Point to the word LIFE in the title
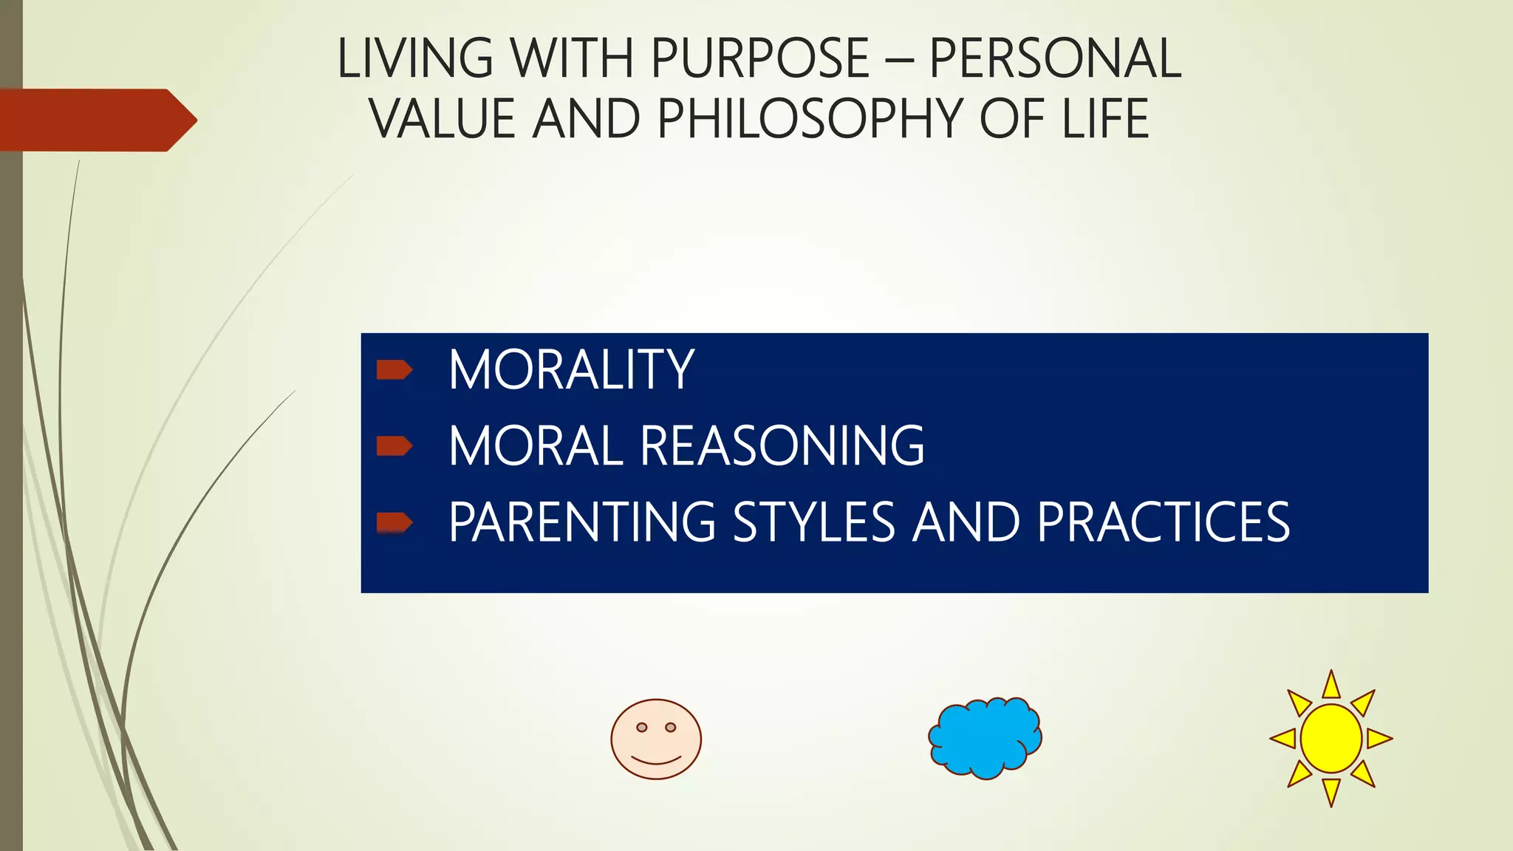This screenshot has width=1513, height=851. [x=1105, y=119]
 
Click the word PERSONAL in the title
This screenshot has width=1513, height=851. [x=1055, y=58]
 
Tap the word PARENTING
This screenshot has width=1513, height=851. [x=582, y=522]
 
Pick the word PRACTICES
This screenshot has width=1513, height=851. [x=1163, y=522]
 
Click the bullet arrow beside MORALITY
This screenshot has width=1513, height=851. [x=394, y=369]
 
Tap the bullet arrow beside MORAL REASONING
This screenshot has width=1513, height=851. [x=394, y=445]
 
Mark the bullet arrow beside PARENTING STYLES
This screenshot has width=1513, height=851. [x=394, y=522]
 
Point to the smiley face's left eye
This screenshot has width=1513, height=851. [x=642, y=728]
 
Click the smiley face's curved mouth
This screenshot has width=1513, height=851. [x=656, y=760]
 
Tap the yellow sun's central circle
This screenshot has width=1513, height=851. [x=1331, y=739]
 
